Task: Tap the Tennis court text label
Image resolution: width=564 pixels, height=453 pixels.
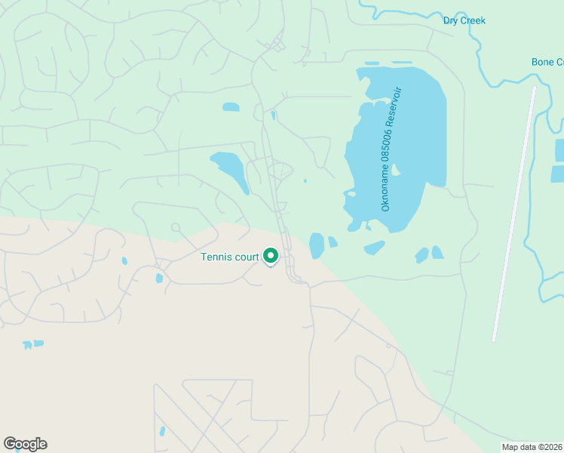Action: tap(230, 257)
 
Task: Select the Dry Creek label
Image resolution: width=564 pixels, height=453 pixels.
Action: tap(464, 20)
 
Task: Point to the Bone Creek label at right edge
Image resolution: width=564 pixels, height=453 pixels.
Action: tap(547, 62)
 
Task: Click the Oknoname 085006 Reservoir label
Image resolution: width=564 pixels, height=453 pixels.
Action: tap(391, 149)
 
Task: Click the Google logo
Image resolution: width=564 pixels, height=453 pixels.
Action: tap(25, 444)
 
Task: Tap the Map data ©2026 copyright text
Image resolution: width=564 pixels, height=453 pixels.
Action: tap(532, 447)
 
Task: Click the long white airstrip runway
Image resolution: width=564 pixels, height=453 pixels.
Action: tap(514, 213)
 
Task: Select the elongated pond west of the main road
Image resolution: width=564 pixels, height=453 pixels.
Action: tap(230, 170)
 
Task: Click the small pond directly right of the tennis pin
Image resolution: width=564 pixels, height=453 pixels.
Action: tap(317, 245)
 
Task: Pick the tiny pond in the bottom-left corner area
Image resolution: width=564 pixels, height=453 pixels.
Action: tap(32, 344)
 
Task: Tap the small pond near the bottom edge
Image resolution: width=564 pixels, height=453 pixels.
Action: tap(162, 432)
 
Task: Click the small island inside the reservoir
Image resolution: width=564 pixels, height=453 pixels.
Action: tap(395, 170)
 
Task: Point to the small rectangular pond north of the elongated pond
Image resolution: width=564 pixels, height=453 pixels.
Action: tap(231, 107)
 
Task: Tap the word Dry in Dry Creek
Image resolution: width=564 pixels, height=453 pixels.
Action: tap(452, 20)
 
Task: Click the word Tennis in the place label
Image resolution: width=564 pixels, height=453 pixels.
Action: tap(216, 257)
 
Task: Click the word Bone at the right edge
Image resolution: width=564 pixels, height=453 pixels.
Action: tap(543, 62)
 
